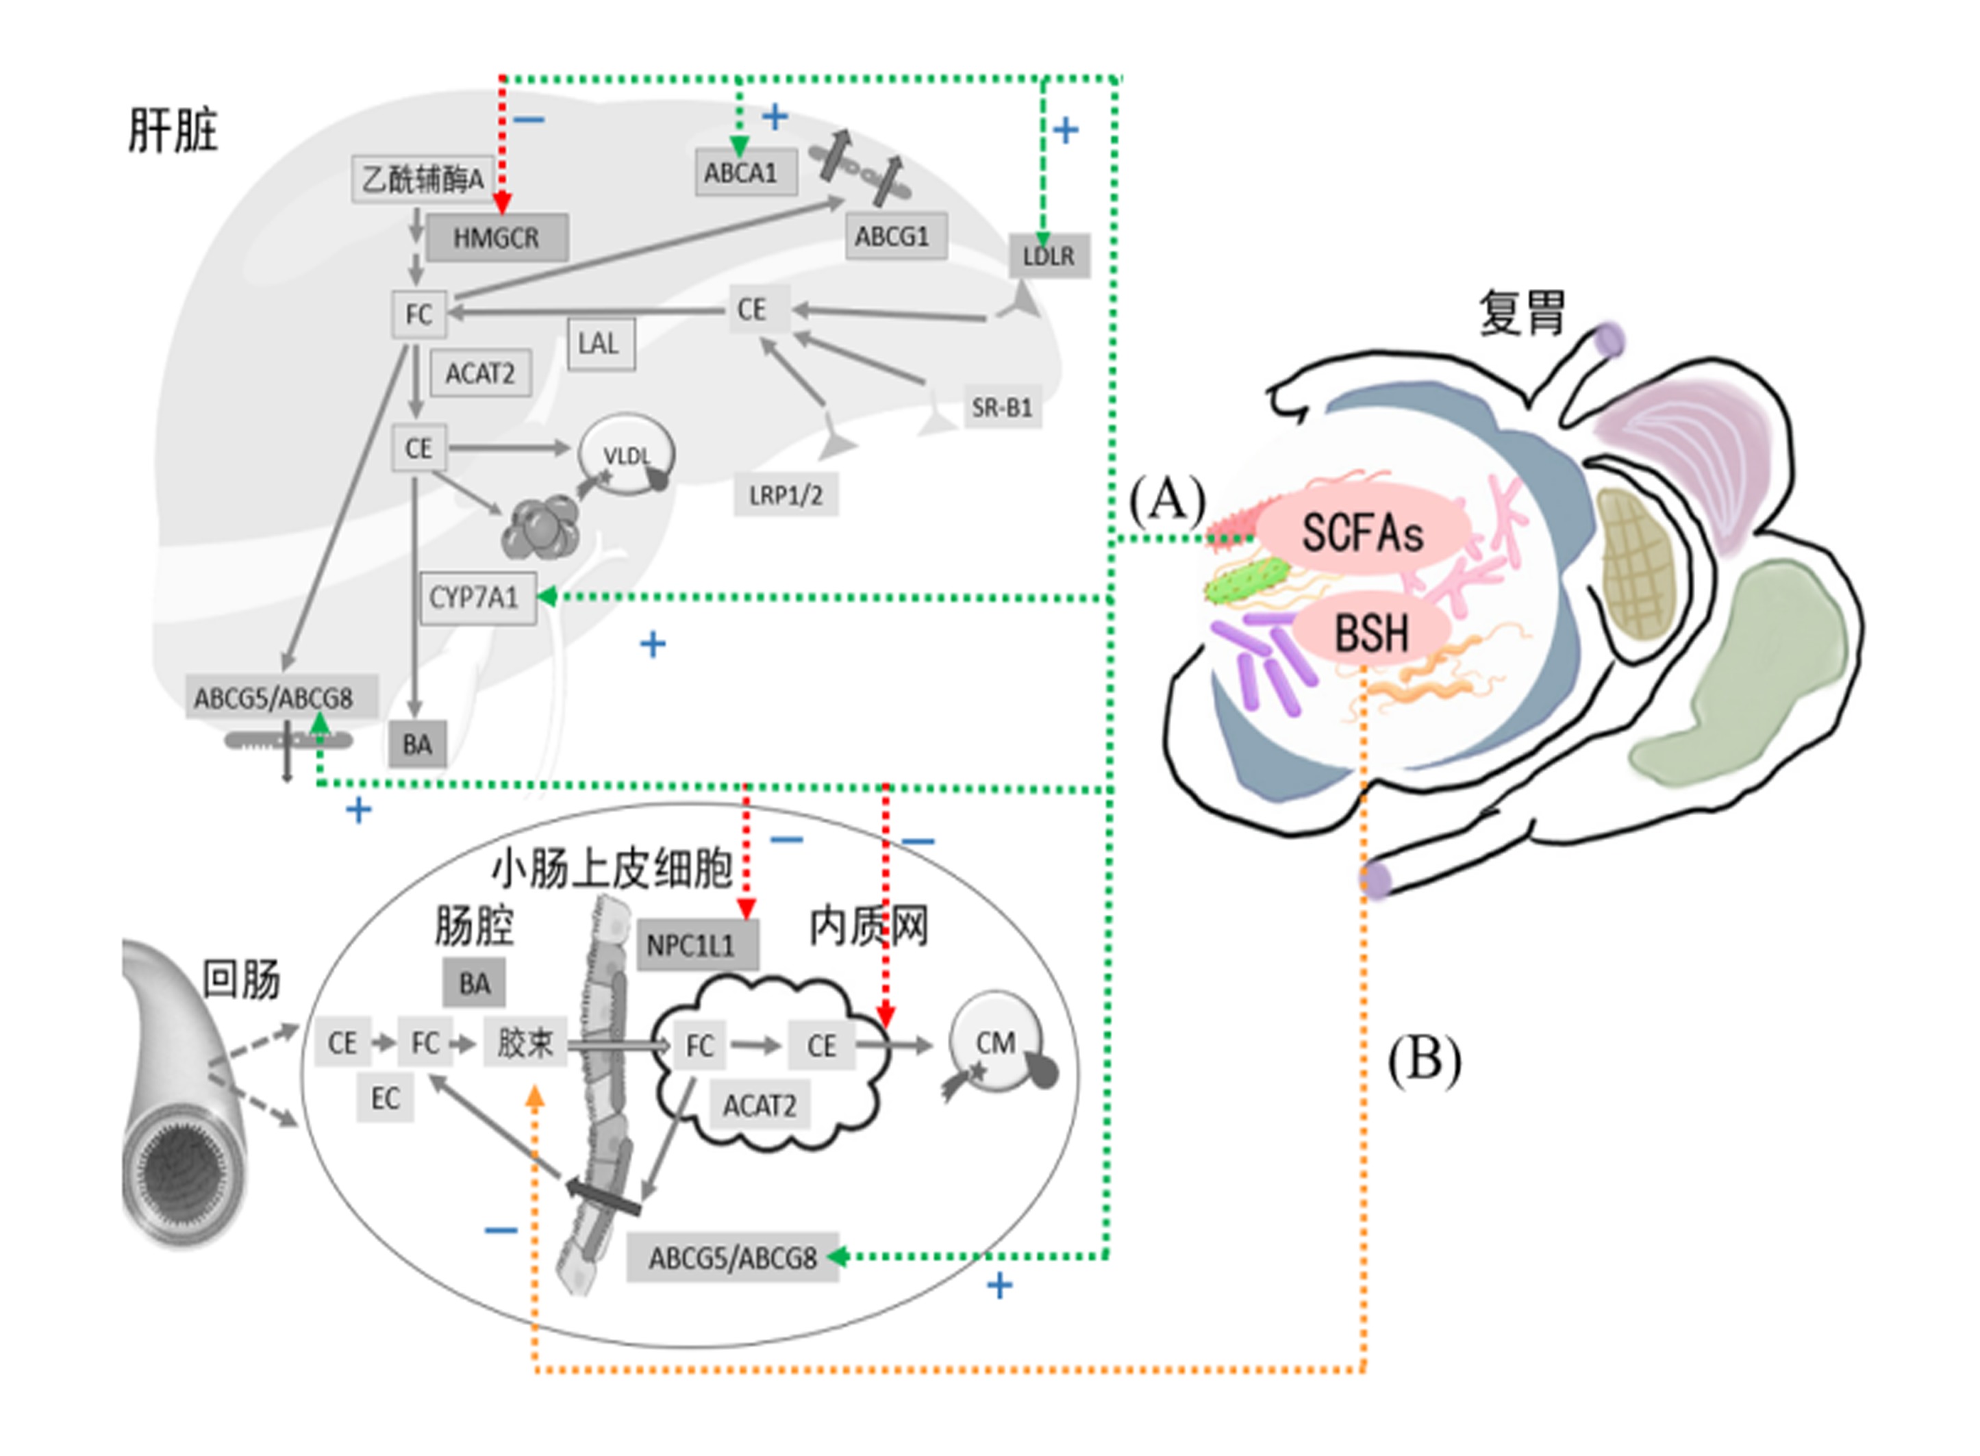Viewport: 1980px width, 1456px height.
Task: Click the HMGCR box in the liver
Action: pos(496,237)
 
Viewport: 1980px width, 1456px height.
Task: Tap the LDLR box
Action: pos(1049,256)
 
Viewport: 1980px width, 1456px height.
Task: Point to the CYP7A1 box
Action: pos(477,599)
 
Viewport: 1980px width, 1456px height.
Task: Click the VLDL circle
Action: pos(627,455)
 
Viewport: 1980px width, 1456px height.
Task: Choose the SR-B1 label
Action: pos(1002,407)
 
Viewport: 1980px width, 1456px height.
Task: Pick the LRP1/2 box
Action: pos(785,495)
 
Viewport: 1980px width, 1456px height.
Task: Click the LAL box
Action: pos(600,344)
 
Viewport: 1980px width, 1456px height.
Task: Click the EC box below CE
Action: pos(385,1099)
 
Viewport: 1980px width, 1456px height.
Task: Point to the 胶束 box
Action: pos(525,1044)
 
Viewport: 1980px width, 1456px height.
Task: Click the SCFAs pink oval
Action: pos(1363,532)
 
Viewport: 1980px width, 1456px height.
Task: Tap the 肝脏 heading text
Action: pos(173,131)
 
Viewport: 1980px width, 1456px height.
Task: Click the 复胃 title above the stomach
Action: pos(1522,313)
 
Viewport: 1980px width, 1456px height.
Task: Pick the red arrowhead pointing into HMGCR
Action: pos(501,205)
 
